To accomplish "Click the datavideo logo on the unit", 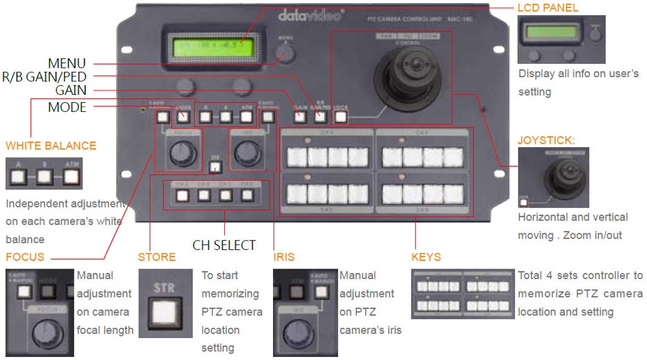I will (310, 15).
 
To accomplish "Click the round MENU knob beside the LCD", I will (286, 53).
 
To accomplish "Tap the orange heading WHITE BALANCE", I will (51, 146).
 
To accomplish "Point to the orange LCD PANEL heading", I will (548, 8).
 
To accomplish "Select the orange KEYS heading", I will (426, 257).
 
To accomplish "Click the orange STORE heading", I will (157, 257).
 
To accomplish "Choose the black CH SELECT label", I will (224, 244).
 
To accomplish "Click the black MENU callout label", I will (67, 64).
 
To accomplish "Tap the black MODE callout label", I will (67, 107).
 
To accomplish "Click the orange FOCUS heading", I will (25, 257).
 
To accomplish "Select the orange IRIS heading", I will (284, 257).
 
